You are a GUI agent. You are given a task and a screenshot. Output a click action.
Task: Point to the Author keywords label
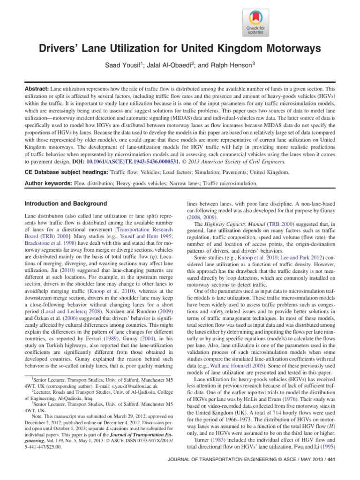40,184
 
